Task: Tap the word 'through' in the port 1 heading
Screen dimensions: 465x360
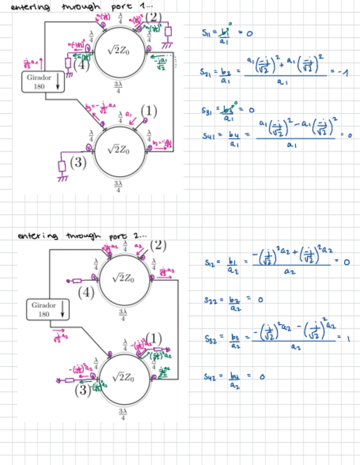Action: [x=81, y=7]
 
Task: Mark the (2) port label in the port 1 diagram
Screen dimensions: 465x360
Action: [x=154, y=16]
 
